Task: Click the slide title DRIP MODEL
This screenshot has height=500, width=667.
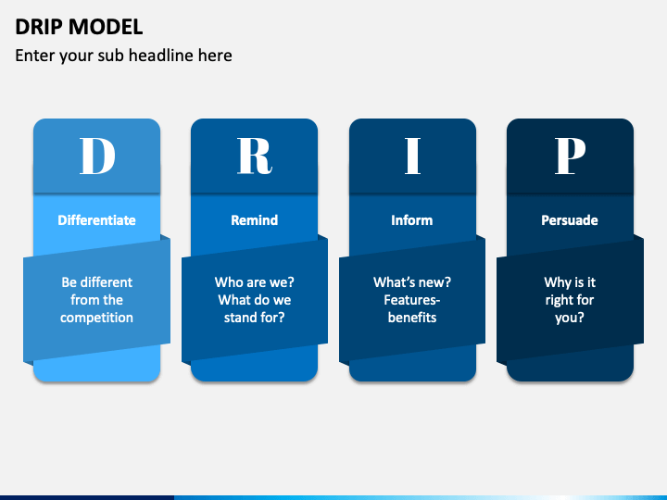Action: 79,26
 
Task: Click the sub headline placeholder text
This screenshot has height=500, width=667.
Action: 123,56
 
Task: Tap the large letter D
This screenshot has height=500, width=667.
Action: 97,156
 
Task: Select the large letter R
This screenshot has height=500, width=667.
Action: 255,156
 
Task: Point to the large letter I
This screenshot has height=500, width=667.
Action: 412,156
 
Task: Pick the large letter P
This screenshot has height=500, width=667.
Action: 570,156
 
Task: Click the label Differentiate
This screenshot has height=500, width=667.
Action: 97,220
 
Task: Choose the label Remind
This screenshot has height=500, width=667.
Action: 255,220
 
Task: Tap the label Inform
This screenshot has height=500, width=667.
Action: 412,220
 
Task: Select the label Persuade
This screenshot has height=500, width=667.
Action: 570,220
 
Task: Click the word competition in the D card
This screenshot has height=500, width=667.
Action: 97,318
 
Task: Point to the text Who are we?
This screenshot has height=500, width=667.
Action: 255,282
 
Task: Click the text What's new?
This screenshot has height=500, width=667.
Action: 412,282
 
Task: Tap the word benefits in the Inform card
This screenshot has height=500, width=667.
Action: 412,318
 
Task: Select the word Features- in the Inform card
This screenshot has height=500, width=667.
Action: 412,300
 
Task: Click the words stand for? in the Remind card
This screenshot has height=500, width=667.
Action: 255,318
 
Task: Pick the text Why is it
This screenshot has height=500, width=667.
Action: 570,282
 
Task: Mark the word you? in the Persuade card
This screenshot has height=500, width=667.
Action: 570,318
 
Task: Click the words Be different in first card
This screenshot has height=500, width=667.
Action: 97,282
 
